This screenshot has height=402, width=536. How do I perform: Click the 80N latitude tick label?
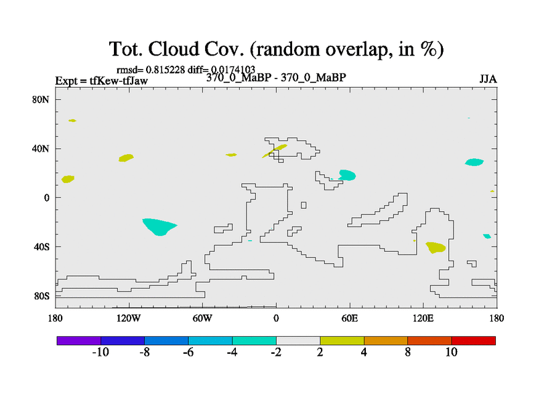[x=41, y=100]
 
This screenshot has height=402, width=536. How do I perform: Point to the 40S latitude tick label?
[x=42, y=247]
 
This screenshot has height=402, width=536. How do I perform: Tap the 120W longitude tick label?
[x=129, y=319]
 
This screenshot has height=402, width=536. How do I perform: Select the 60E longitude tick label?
[x=350, y=319]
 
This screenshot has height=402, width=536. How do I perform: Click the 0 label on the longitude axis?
[x=276, y=319]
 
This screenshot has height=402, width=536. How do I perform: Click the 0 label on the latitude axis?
[x=46, y=198]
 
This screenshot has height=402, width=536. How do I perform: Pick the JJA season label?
[x=488, y=79]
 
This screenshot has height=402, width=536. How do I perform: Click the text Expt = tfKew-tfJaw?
[x=102, y=81]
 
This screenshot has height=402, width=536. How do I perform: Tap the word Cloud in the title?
[x=174, y=49]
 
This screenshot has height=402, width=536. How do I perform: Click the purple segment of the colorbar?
[x=79, y=341]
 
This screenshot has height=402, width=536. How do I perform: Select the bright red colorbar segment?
[x=474, y=341]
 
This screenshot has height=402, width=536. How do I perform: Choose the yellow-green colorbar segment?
[x=342, y=341]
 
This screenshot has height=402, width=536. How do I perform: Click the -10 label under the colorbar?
[x=100, y=352]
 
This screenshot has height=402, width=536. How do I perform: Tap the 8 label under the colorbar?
[x=408, y=352]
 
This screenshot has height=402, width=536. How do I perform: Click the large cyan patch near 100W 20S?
[x=159, y=226]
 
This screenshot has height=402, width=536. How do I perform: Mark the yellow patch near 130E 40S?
[x=435, y=247]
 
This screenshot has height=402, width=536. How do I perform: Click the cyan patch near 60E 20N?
[x=347, y=175]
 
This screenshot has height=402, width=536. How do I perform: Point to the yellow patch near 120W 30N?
[x=126, y=158]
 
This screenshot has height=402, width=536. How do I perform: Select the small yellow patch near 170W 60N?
[x=72, y=121]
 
